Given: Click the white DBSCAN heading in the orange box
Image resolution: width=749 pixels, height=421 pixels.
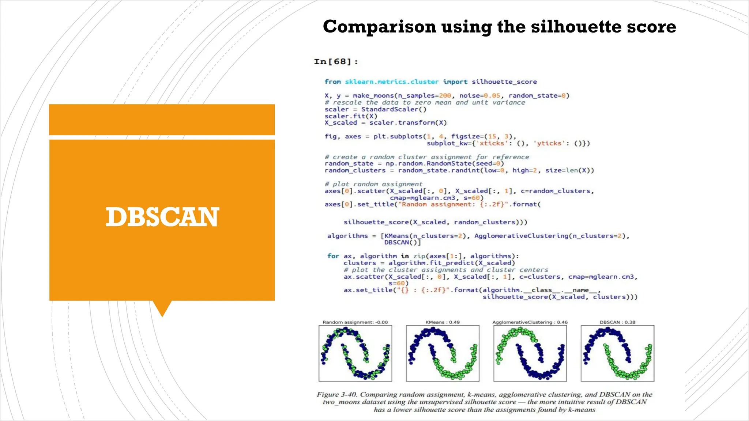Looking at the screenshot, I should click(162, 217).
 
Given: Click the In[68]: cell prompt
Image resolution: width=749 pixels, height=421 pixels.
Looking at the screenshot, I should click(336, 61).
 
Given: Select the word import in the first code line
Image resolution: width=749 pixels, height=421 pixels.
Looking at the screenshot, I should click(455, 82).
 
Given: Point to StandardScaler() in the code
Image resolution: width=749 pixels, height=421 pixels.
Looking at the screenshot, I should click(394, 109).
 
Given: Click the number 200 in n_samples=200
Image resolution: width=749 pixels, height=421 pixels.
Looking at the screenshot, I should click(445, 96).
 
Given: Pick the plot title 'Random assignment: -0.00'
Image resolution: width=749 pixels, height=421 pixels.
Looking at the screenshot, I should click(355, 322).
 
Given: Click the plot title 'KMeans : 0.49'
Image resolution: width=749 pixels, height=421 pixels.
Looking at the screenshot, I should click(443, 322).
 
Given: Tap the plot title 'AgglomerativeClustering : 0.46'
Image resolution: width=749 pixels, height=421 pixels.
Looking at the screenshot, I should click(530, 322).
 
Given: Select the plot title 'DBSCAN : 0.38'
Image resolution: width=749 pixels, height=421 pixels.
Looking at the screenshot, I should click(617, 322).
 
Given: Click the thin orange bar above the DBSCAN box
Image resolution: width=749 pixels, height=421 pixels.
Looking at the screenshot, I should click(162, 120).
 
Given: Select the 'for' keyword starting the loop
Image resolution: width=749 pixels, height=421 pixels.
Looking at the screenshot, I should click(333, 256).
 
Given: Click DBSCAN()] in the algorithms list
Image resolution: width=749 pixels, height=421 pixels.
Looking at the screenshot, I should click(402, 243).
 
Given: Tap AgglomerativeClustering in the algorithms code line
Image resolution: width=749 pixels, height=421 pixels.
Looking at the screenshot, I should click(521, 236).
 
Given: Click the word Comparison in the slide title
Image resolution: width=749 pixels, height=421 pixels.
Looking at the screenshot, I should click(380, 27).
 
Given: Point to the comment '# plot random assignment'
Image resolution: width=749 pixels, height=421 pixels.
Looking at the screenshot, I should click(373, 184).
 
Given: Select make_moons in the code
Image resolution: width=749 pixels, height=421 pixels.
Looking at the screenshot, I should click(373, 96).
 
